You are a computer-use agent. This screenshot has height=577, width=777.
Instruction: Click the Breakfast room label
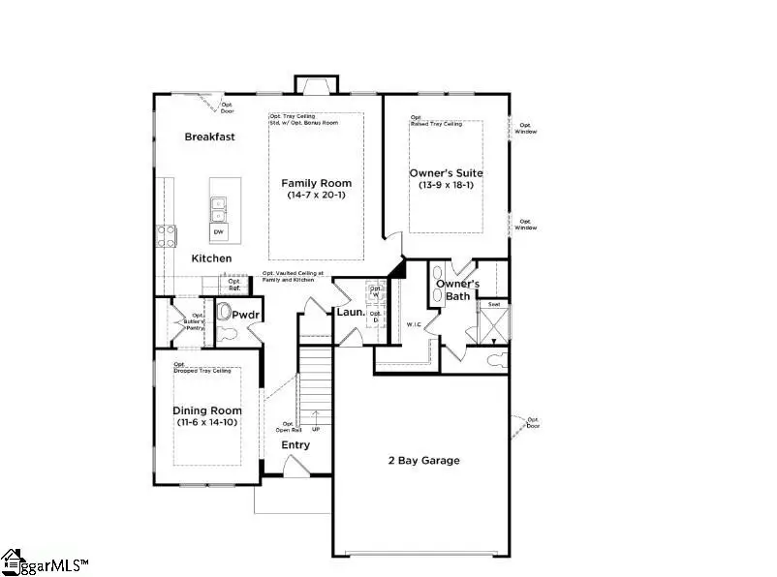tap(209, 137)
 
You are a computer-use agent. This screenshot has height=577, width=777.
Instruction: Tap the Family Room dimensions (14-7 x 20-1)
tap(316, 196)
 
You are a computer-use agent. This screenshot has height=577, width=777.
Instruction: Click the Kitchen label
tap(210, 258)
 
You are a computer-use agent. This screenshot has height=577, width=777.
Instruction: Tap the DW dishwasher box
tap(218, 232)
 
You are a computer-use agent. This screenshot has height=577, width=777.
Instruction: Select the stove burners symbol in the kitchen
tap(166, 235)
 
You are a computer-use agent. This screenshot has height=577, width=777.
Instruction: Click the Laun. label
tap(350, 313)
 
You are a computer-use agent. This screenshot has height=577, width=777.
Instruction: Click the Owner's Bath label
tap(457, 289)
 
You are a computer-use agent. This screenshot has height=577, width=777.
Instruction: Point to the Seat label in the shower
tap(493, 304)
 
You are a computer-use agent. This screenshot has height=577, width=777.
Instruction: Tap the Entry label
tap(295, 445)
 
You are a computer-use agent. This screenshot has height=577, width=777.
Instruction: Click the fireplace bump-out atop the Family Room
tap(316, 84)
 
